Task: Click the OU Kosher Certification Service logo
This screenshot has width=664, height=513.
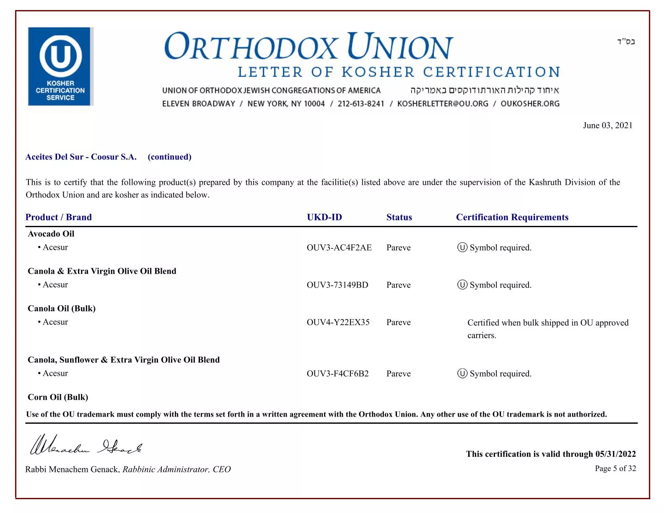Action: click(x=60, y=66)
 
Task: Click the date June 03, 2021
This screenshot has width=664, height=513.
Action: click(x=607, y=125)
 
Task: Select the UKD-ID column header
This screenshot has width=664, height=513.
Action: click(x=324, y=217)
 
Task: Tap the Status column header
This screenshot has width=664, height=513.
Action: click(x=399, y=217)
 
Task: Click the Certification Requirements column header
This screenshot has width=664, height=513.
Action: click(x=512, y=217)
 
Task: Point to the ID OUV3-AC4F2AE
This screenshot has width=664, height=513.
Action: click(x=339, y=248)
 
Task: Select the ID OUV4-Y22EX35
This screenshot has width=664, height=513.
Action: click(x=338, y=322)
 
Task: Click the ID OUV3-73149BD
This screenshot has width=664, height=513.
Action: click(x=337, y=285)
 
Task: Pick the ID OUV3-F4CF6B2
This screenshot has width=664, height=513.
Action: click(x=337, y=374)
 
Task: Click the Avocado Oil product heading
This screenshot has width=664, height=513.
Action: click(x=51, y=234)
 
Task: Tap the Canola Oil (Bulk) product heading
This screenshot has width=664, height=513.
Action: click(x=62, y=308)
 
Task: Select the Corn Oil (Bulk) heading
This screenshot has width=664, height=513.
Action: click(x=58, y=397)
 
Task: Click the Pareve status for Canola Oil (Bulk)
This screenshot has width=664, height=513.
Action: click(x=398, y=322)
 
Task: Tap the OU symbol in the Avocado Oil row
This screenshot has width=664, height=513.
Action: click(x=462, y=248)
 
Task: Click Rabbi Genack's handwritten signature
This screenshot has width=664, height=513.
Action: click(x=86, y=445)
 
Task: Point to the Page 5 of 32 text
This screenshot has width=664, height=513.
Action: click(x=615, y=469)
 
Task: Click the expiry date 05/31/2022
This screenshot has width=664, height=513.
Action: click(x=615, y=454)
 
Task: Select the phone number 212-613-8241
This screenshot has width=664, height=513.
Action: click(x=361, y=104)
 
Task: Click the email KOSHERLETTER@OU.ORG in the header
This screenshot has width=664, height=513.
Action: click(x=442, y=104)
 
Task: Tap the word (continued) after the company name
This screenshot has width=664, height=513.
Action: click(x=169, y=157)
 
